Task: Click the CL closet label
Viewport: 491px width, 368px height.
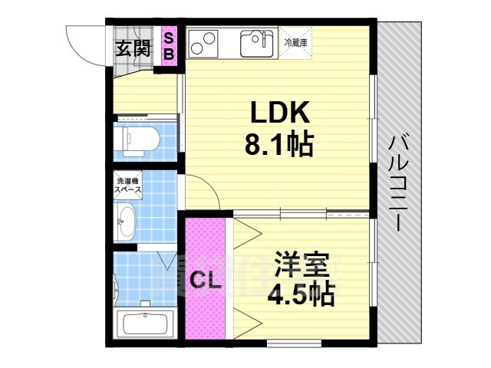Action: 206,281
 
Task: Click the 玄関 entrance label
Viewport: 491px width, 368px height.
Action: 133,50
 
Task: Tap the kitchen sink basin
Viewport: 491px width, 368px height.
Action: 256,43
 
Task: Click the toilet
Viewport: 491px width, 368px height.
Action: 140,140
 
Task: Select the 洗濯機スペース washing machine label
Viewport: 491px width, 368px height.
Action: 127,186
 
